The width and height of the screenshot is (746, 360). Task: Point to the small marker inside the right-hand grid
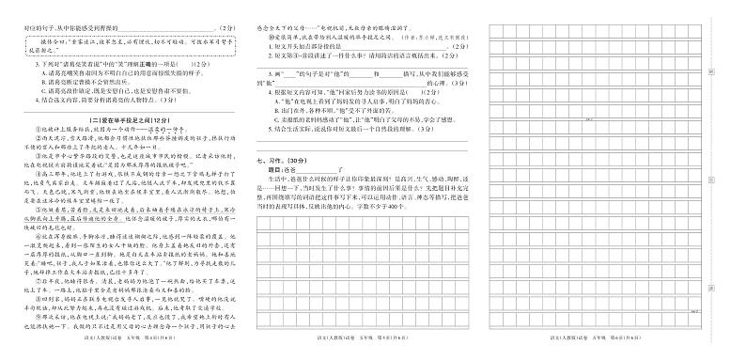(x=589, y=119)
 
